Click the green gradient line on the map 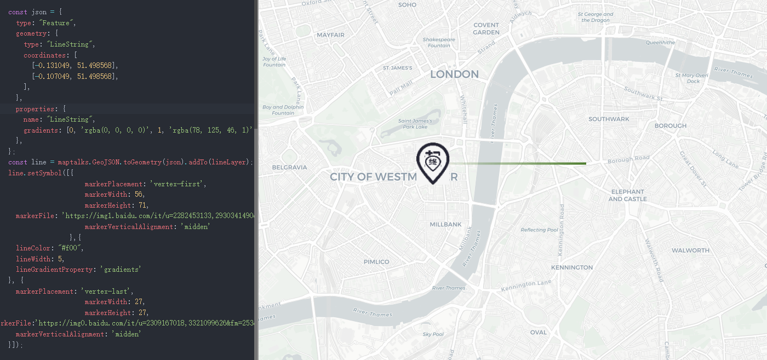point(526,163)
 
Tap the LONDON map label point(454,74)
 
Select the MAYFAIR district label point(330,35)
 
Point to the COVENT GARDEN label point(486,28)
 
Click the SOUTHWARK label point(609,119)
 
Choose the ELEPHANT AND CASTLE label point(627,195)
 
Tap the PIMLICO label point(376,262)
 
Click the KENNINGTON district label point(572,267)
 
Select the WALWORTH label point(690,250)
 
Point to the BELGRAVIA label point(289,167)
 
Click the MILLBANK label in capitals point(445,225)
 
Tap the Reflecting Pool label point(539,230)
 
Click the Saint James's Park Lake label point(415,124)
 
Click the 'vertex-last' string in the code point(107,292)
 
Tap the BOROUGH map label point(670,126)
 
